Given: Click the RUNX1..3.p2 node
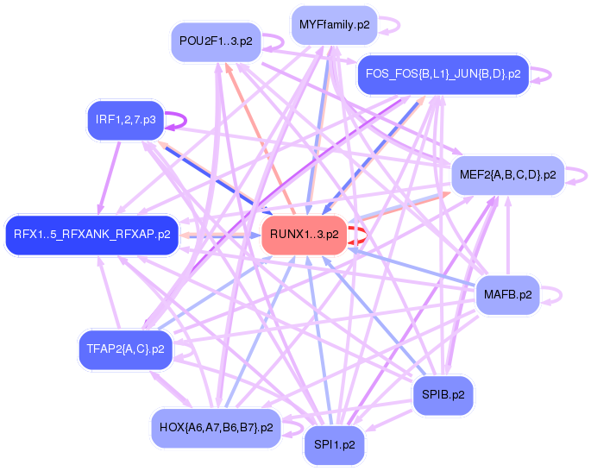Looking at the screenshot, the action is point(304,234).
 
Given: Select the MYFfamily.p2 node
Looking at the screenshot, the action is point(333,24).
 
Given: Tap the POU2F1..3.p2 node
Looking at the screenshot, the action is point(216,41).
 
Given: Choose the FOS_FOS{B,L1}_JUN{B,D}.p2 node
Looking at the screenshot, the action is point(442,74).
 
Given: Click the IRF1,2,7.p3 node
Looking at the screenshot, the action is point(125,120).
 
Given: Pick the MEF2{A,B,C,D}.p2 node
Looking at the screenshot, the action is point(506,174).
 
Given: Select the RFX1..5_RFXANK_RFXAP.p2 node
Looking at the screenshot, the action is point(91,234).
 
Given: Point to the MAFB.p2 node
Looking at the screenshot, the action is point(506,295).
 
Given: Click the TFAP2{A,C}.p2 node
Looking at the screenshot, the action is point(125,349).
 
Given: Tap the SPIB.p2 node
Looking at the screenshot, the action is point(443,394).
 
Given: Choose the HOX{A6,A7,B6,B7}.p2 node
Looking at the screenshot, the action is point(216,426).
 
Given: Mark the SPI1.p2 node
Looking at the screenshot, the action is point(334,445).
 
